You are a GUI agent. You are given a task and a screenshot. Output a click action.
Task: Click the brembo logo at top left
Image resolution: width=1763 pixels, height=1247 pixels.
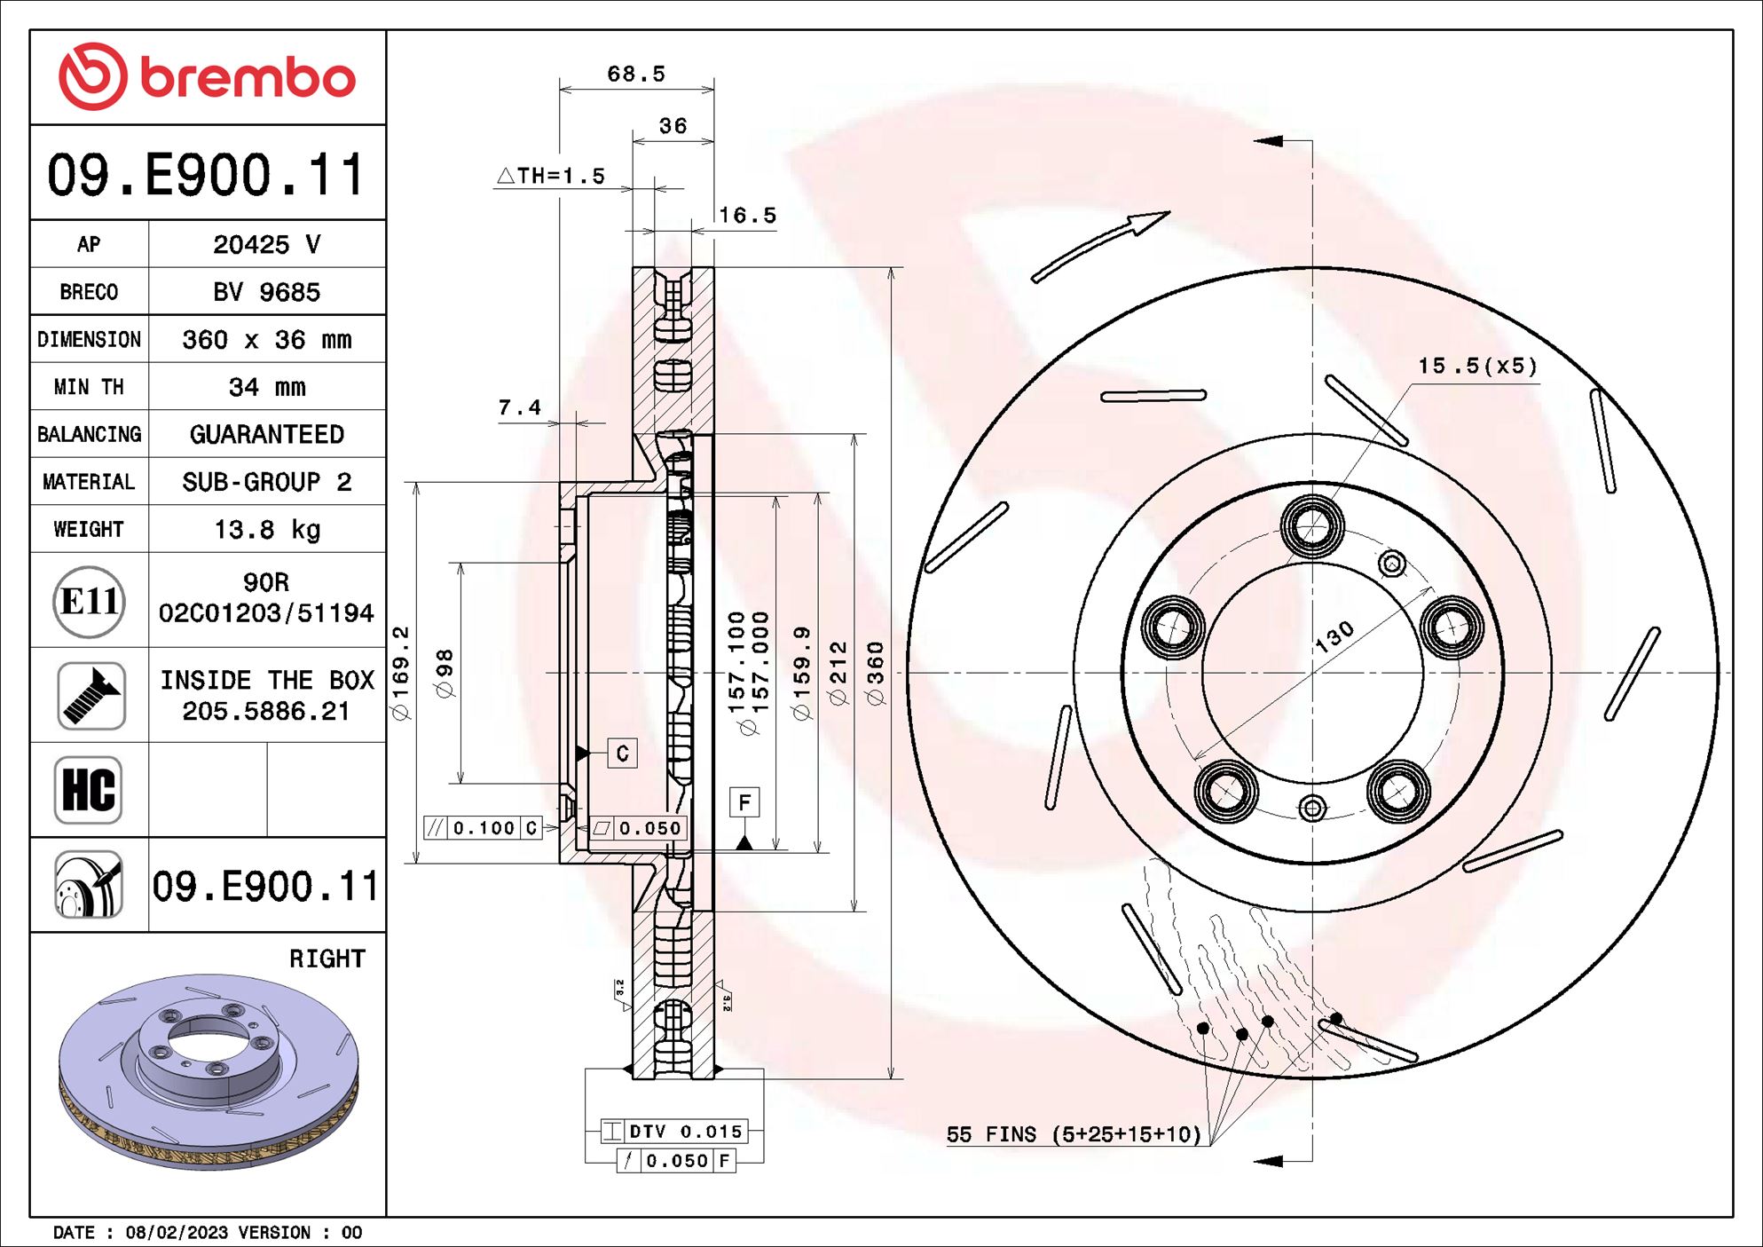[207, 76]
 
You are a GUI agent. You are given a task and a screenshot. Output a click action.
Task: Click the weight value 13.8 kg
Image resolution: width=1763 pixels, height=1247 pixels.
[267, 530]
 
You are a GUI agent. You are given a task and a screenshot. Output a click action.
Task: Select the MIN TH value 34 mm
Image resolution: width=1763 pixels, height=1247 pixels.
[267, 387]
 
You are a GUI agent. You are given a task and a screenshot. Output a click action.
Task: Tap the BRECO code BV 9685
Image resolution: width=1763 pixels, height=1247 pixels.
[266, 292]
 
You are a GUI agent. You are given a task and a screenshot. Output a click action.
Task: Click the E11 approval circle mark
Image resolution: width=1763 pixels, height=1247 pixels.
[89, 602]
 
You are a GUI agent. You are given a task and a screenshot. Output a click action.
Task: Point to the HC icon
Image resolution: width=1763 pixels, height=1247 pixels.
[88, 789]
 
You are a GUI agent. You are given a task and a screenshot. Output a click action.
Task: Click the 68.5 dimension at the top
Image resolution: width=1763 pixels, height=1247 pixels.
[635, 74]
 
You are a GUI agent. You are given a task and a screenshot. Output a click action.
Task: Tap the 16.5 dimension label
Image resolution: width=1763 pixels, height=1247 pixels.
[747, 216]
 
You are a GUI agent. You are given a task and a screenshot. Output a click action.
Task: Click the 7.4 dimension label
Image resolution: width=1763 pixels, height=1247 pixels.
[520, 407]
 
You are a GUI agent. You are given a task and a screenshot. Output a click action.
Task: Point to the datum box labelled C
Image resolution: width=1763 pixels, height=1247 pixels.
[622, 753]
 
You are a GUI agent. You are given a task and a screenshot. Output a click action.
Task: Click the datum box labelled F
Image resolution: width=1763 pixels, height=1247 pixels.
[744, 802]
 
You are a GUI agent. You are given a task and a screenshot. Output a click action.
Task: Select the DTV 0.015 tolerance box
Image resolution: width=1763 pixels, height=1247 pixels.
[674, 1131]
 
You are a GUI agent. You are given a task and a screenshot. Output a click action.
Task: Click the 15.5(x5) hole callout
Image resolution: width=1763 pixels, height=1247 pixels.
[1476, 366]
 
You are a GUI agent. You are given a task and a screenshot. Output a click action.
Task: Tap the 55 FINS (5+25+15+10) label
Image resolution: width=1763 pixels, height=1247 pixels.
[1074, 1134]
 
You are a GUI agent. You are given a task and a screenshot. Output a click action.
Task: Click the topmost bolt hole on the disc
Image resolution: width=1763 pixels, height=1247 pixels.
[1311, 526]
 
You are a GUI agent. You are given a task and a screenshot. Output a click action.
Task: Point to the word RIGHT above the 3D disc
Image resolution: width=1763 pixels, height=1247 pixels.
[327, 959]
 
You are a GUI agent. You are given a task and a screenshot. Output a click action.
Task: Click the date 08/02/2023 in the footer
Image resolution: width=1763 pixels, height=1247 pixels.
[177, 1232]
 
